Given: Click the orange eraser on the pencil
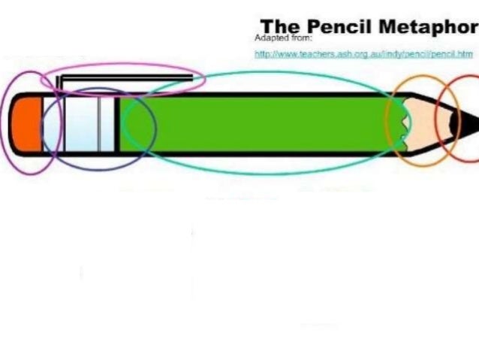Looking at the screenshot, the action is pyautogui.click(x=26, y=123).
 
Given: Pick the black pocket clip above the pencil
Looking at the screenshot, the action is pyautogui.click(x=113, y=77).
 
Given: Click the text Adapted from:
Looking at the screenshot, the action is pyautogui.click(x=279, y=38).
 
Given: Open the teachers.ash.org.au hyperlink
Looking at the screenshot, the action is pyautogui.click(x=363, y=54).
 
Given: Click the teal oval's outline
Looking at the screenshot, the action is pyautogui.click(x=263, y=73).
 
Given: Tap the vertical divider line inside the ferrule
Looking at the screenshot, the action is pyautogui.click(x=99, y=124).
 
